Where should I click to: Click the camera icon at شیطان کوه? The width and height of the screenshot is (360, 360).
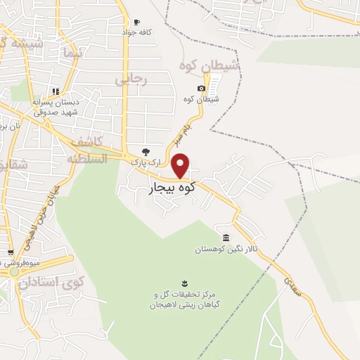(202, 88)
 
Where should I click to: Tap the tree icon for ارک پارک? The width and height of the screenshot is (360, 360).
(146, 151)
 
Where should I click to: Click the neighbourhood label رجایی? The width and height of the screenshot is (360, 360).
(131, 80)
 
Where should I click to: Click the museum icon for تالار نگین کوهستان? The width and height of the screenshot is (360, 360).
(225, 238)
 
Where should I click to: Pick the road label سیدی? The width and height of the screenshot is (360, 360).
(291, 285)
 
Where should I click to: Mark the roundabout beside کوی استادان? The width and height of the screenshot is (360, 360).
(14, 271)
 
